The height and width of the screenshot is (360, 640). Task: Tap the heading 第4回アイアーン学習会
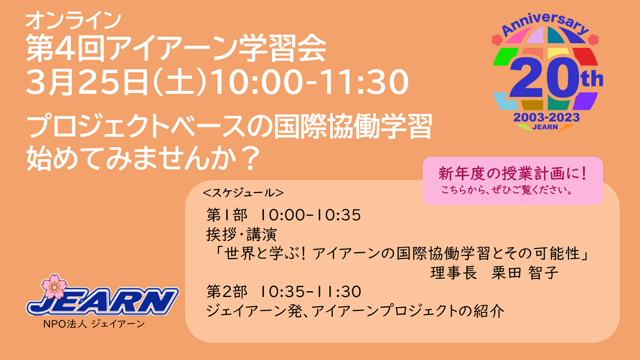coord(176,49)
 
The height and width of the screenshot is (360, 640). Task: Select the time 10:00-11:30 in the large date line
coord(310,82)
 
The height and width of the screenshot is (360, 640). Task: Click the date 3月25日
coord(86,82)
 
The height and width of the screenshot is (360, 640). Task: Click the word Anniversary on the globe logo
coord(545,25)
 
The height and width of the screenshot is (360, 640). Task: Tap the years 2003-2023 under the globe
coord(546,117)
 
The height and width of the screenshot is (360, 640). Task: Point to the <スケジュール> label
coord(243,193)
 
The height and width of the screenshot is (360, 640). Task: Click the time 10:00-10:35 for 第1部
coord(310,215)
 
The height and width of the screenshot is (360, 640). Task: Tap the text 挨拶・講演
coord(242,235)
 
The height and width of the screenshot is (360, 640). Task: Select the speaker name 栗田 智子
coord(525,273)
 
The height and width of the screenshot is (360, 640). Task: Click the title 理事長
coord(454,273)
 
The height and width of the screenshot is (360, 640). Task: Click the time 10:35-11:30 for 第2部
coord(311,292)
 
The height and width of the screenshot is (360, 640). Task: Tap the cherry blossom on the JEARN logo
coord(54,286)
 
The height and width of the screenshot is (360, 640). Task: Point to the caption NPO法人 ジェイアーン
coord(94,324)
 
